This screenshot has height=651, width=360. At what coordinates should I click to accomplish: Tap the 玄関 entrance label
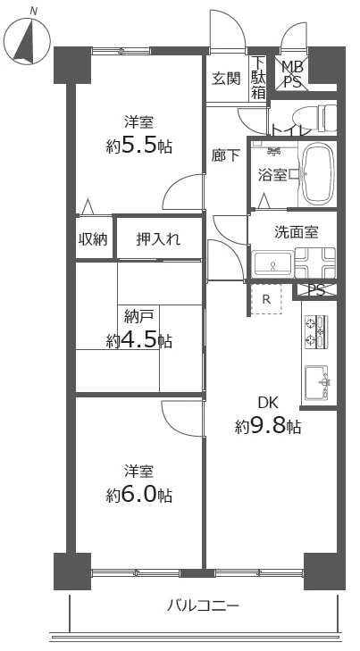[x=226, y=78]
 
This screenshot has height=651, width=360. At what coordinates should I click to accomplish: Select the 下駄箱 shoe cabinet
[x=258, y=78]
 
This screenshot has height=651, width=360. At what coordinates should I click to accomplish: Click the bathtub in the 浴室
[x=317, y=173]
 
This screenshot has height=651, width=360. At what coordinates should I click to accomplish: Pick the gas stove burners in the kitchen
[x=317, y=331]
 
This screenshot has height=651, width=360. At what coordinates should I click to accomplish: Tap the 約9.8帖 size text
[x=268, y=425]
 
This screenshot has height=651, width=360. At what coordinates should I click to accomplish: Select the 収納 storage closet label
[x=93, y=238]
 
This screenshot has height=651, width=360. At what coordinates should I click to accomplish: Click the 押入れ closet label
[x=158, y=238]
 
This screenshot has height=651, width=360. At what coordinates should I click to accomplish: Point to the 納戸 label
[x=138, y=314]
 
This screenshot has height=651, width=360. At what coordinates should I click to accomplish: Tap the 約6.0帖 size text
[x=138, y=494]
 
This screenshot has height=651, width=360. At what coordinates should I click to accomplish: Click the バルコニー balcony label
[x=203, y=606]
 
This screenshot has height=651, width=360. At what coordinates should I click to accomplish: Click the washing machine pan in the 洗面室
[x=315, y=263]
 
